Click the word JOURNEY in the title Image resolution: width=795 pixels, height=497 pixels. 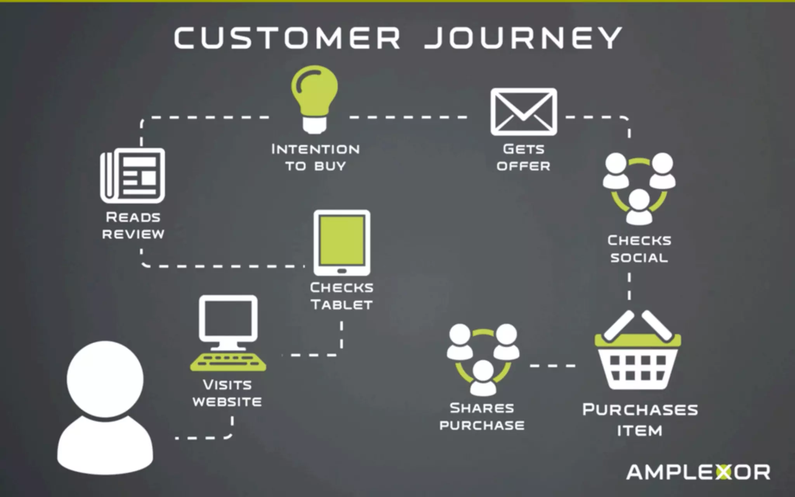(523, 38)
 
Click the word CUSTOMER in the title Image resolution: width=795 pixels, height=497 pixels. (287, 38)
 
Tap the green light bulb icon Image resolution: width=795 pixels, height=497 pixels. (314, 97)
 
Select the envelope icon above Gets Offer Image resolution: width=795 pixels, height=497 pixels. (524, 112)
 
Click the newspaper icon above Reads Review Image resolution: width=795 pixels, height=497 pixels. (133, 176)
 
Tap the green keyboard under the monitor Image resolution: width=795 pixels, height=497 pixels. (228, 362)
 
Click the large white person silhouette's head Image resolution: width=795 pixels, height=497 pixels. (105, 379)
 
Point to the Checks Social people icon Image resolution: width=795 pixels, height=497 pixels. (639, 188)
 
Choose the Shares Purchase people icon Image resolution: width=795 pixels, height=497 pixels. (483, 359)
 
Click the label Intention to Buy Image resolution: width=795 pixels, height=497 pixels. (315, 158)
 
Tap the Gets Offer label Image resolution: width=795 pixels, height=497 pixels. (523, 158)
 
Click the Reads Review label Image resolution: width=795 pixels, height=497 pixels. (133, 226)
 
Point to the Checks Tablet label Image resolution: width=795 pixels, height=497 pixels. (342, 296)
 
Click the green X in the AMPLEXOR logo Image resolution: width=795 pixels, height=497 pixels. (723, 472)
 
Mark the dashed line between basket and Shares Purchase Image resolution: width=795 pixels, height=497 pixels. (553, 366)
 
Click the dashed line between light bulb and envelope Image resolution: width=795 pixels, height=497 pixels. (408, 117)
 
